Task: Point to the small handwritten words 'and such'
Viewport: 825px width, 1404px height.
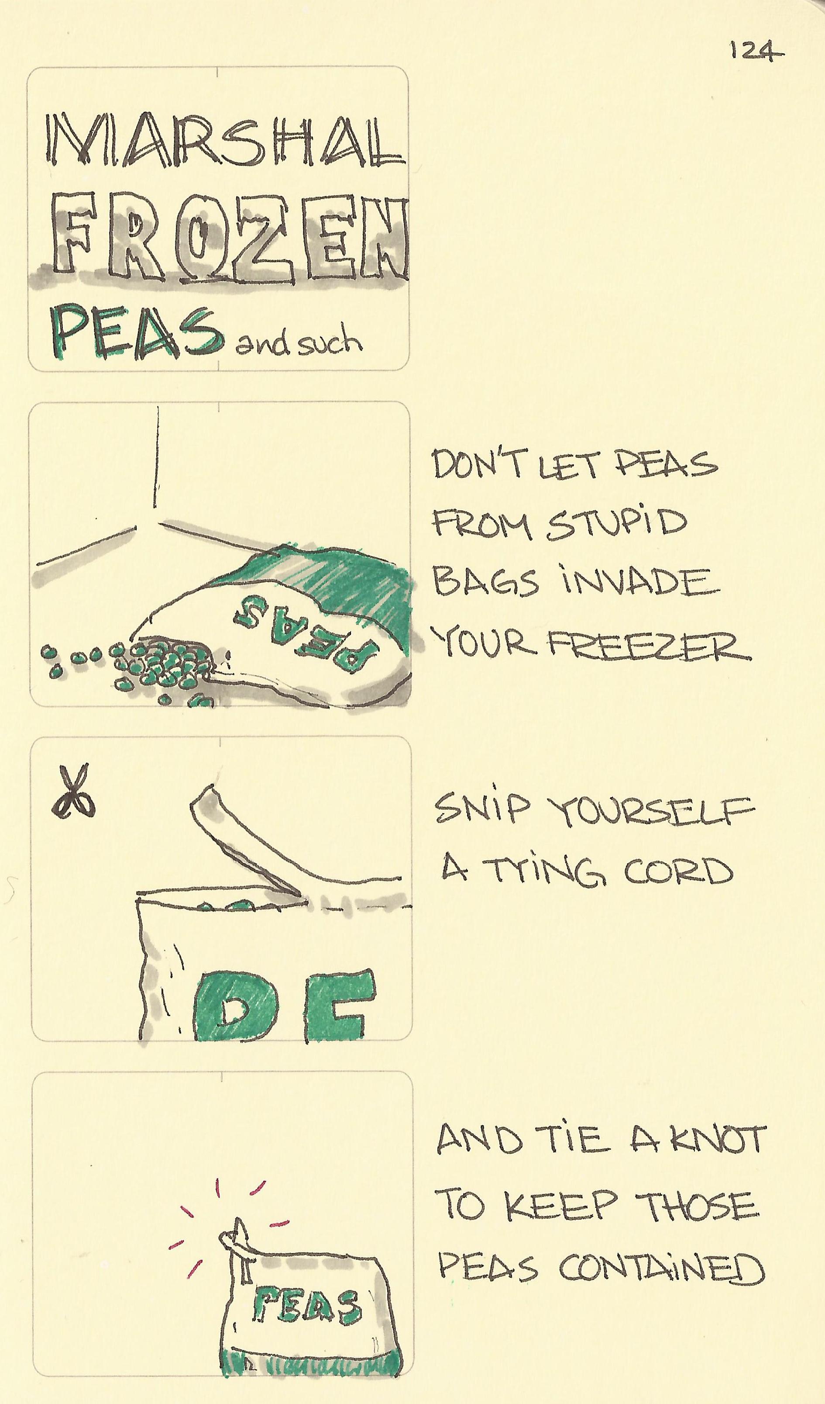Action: pos(299,341)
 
